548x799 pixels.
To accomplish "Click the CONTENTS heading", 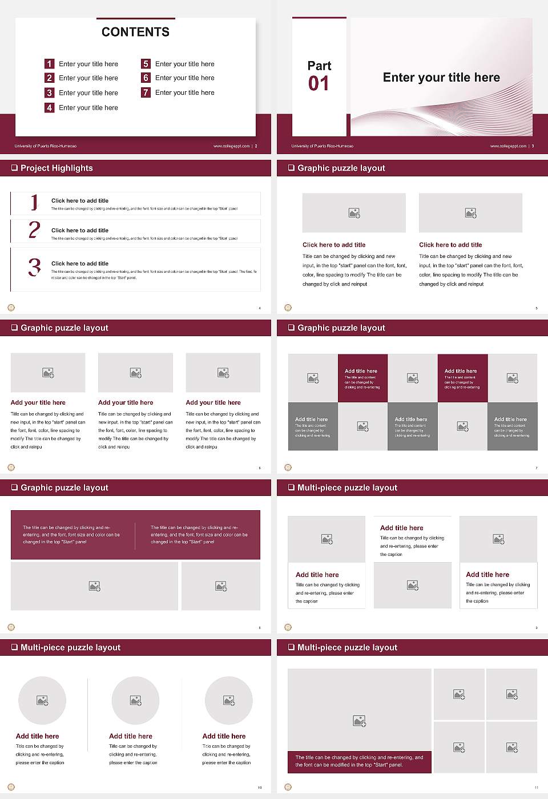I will click(x=135, y=32).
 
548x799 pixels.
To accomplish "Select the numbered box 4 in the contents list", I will click(x=50, y=107).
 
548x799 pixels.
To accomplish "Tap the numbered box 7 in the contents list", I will click(x=146, y=92).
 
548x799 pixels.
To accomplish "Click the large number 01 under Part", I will click(x=319, y=84).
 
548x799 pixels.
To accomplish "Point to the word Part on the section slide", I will click(x=319, y=66).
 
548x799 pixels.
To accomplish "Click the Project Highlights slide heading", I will click(x=57, y=168).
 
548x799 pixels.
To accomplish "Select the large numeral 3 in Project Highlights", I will click(x=34, y=267).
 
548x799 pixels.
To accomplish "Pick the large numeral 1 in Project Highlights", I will click(x=34, y=202).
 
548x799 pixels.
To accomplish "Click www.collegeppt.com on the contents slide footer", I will click(x=231, y=146).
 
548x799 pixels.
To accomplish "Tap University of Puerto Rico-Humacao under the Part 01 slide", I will click(x=323, y=146).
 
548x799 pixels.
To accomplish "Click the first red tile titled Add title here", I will click(x=362, y=378).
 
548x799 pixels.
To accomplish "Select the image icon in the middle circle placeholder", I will click(x=135, y=700).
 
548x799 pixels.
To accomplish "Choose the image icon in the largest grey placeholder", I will click(x=359, y=721).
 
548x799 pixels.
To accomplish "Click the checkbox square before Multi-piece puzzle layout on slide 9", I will click(x=291, y=487).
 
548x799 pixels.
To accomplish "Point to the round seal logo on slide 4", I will click(x=11, y=308).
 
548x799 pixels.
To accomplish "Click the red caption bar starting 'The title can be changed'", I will click(x=359, y=761).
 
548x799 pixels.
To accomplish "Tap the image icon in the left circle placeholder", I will click(x=42, y=700).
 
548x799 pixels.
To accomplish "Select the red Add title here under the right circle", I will click(x=224, y=736).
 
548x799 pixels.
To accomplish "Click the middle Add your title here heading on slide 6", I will click(x=126, y=402).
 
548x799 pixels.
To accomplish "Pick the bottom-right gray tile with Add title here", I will click(x=512, y=426).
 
